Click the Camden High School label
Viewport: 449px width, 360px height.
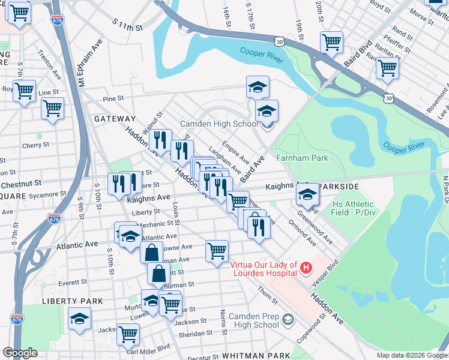point(220,124)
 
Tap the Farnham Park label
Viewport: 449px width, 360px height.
point(302,158)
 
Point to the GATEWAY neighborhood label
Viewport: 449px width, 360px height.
point(115,119)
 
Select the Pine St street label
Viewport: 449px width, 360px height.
point(113,98)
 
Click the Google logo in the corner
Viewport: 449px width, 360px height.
point(20,353)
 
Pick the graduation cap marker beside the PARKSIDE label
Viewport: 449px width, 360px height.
point(308,194)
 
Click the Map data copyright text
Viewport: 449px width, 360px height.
point(411,355)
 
